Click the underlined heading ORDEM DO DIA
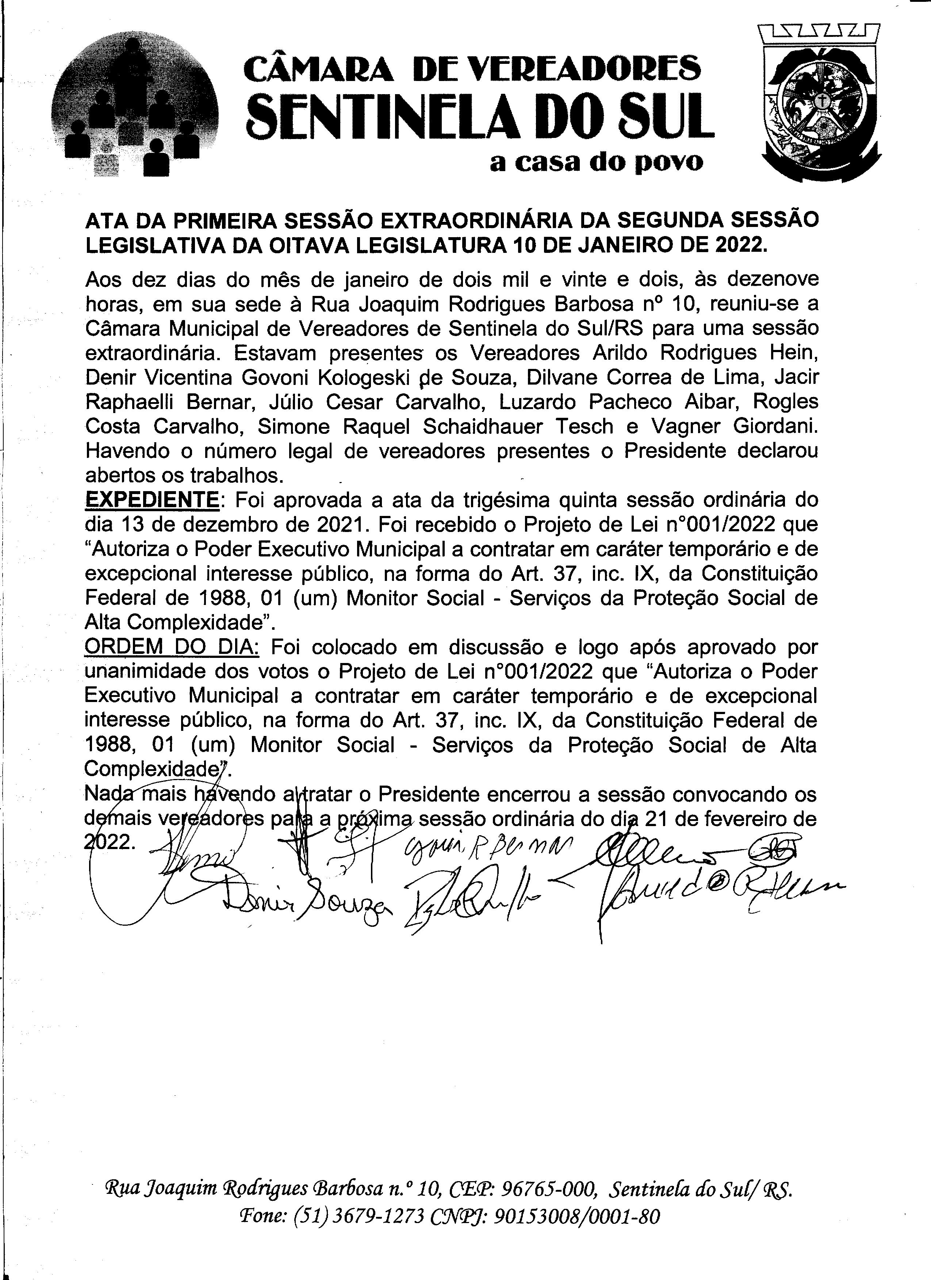pos(172,647)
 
